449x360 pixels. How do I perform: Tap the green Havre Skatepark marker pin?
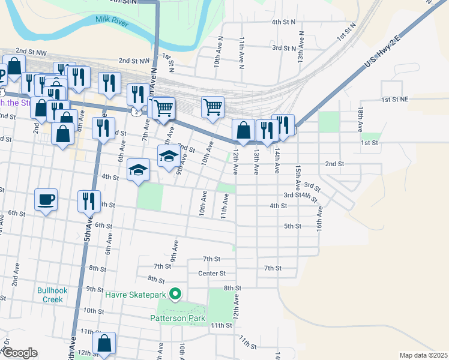175,294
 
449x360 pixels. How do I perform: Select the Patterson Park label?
178,319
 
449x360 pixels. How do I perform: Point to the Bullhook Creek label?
53,295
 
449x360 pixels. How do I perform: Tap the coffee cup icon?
46,199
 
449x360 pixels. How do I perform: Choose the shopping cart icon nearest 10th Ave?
212,107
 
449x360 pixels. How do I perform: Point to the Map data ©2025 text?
424,355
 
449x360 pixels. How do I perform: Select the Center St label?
211,274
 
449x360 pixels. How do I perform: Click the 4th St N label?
283,22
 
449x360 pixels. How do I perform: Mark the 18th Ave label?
360,120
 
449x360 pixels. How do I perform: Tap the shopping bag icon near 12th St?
104,343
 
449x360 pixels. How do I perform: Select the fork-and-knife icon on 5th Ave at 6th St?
89,200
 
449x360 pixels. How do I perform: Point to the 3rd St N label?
285,47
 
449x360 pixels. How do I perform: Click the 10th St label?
94,311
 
